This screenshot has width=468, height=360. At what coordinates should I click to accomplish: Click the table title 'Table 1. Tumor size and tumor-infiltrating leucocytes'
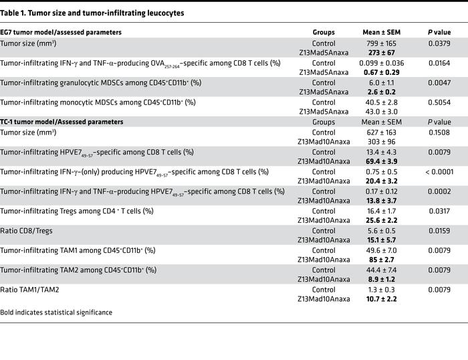tap(93, 13)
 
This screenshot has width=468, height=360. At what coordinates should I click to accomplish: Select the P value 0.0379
tap(439, 43)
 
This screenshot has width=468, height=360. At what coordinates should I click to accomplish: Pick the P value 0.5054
tap(439, 102)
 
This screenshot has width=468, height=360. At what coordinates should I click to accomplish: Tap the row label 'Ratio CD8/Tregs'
tap(27, 230)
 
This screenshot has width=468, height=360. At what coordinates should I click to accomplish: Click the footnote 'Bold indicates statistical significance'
tap(56, 312)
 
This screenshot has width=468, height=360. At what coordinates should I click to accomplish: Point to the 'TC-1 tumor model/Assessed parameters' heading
tap(62, 122)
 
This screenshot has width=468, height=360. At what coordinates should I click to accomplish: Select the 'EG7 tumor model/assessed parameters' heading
tap(61, 32)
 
